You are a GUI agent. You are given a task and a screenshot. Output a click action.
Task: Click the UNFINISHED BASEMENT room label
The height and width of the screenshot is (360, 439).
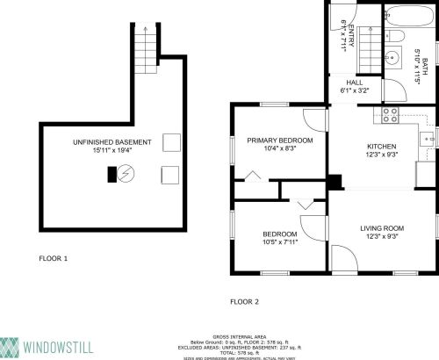112,141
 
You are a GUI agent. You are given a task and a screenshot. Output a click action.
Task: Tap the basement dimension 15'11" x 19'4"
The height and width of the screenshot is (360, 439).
112,150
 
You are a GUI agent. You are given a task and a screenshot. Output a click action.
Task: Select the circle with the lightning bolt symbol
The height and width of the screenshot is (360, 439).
127,173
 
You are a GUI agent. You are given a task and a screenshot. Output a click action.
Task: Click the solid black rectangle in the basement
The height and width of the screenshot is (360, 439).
112,174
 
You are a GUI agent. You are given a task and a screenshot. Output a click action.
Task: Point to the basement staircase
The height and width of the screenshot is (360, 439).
145,40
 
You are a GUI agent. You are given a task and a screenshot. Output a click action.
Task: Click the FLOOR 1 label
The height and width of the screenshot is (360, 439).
53,259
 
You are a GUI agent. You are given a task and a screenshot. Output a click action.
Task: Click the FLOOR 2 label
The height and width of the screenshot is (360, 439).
245,301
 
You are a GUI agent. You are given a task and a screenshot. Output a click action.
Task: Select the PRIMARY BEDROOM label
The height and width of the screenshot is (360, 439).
279,140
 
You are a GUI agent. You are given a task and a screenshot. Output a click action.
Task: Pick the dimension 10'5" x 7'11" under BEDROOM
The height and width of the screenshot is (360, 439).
279,242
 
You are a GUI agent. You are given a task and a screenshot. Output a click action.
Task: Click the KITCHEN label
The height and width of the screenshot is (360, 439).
381,146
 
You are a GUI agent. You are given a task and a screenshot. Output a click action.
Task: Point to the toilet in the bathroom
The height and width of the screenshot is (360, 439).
396,36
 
